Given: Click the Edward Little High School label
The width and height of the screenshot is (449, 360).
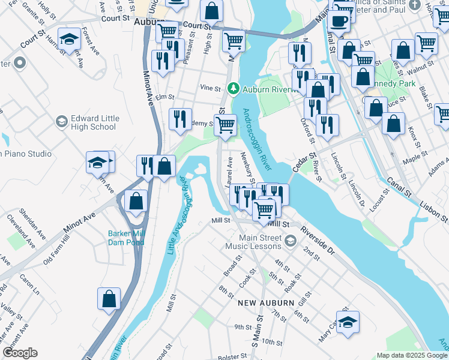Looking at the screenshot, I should (93, 122).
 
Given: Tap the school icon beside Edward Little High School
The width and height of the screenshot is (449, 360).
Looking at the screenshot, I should (61, 122).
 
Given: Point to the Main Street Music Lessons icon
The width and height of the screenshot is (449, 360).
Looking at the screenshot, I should (291, 241).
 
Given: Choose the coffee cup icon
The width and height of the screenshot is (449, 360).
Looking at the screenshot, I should (339, 21).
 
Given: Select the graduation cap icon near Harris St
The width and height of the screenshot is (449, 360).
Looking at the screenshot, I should (70, 39).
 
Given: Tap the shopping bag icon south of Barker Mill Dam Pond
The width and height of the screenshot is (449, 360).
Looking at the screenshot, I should (109, 299).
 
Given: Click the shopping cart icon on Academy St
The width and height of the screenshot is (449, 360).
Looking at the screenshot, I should (226, 125).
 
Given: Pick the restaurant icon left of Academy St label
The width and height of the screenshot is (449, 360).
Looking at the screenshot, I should (180, 119).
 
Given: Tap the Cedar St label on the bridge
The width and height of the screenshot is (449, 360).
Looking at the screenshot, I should (304, 162).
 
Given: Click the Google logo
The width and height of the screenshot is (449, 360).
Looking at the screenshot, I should (20, 352).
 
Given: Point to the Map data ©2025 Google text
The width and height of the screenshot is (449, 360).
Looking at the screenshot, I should (411, 355).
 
